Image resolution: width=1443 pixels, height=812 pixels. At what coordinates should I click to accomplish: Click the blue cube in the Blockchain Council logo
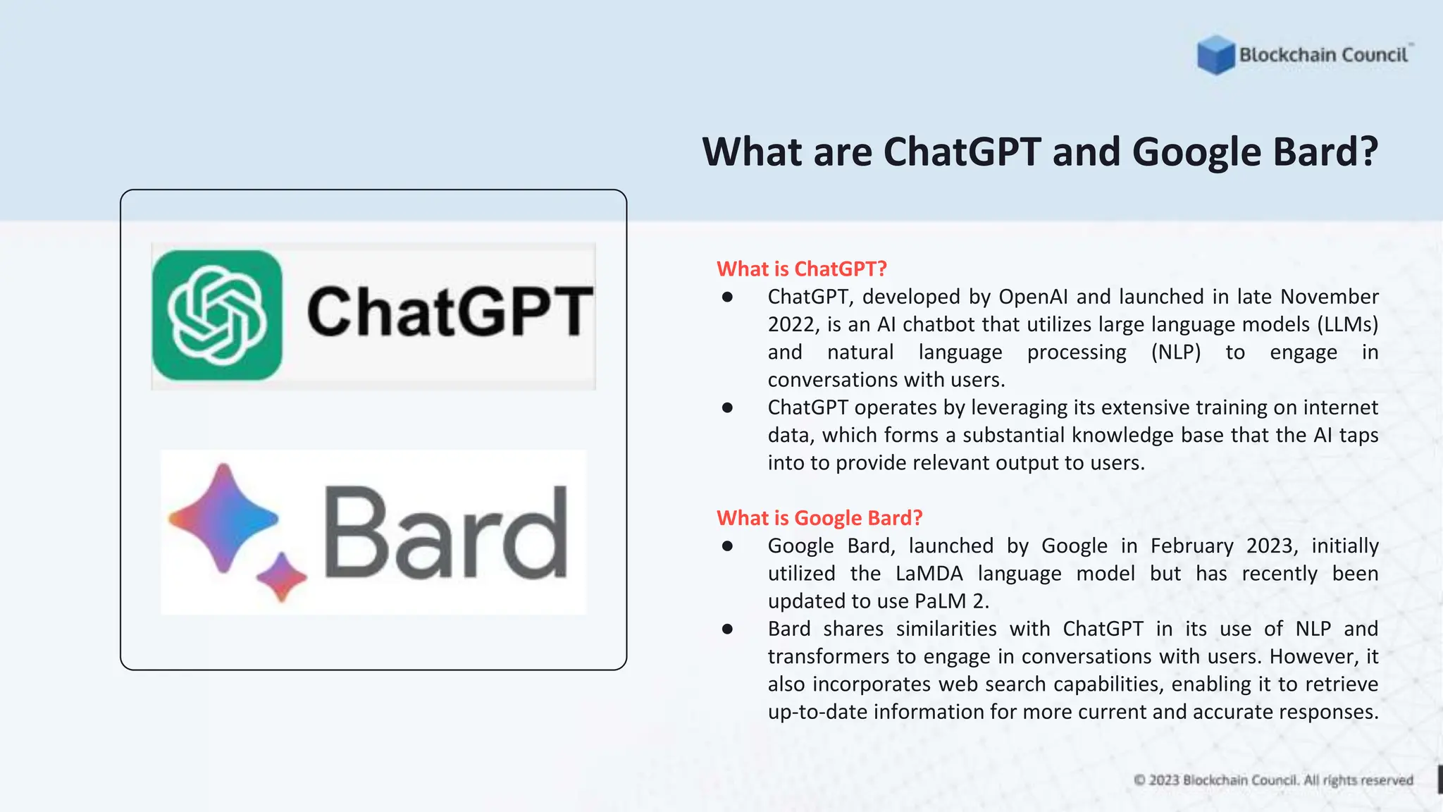click(x=1215, y=55)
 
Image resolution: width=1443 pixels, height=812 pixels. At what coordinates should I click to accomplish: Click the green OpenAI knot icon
click(x=217, y=315)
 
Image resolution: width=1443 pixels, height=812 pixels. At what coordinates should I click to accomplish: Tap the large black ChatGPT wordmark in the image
click(x=450, y=312)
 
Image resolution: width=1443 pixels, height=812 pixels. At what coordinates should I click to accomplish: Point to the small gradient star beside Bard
click(x=282, y=577)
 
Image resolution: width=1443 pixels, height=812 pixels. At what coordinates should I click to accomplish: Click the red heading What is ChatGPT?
click(x=801, y=269)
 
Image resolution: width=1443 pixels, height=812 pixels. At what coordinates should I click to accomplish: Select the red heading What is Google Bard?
click(x=819, y=517)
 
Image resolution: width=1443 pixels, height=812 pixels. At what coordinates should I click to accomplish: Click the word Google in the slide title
click(x=1196, y=152)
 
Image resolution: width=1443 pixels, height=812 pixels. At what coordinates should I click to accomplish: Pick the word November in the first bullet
click(x=1329, y=297)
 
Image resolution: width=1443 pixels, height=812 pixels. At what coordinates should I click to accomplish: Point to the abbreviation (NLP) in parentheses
click(x=1175, y=352)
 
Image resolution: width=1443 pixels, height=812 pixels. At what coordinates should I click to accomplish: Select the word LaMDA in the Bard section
click(x=929, y=573)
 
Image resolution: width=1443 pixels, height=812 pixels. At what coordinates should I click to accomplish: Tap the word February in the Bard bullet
click(x=1191, y=546)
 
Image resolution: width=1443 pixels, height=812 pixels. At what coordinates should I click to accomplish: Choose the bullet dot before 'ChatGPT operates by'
click(x=727, y=407)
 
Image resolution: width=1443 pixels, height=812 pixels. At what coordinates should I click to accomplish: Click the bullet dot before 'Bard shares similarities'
click(x=727, y=629)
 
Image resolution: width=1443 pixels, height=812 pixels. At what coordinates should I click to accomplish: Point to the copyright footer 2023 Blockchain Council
click(x=1273, y=780)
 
